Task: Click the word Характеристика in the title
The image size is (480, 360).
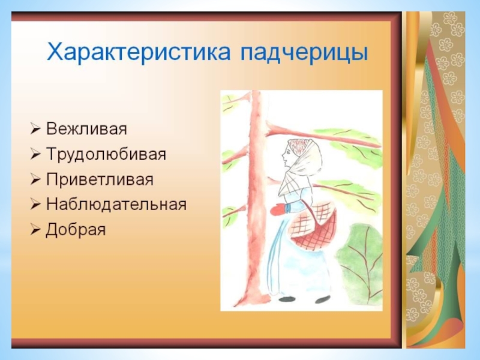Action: (x=139, y=52)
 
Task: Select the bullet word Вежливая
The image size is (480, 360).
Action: (x=86, y=128)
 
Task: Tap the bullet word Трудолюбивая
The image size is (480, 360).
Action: (x=106, y=154)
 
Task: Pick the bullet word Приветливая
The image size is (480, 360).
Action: (x=100, y=179)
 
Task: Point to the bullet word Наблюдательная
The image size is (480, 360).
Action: (x=116, y=205)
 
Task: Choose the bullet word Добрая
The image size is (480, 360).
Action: (x=76, y=230)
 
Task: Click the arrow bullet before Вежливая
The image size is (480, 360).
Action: (x=35, y=129)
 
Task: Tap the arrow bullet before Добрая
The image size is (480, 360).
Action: (x=35, y=230)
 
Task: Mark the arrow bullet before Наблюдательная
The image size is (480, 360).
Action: (x=35, y=205)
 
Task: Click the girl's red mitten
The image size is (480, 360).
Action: (x=278, y=211)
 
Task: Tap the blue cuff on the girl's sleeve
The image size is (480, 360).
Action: (x=287, y=208)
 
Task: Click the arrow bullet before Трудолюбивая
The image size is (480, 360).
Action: (x=35, y=155)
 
